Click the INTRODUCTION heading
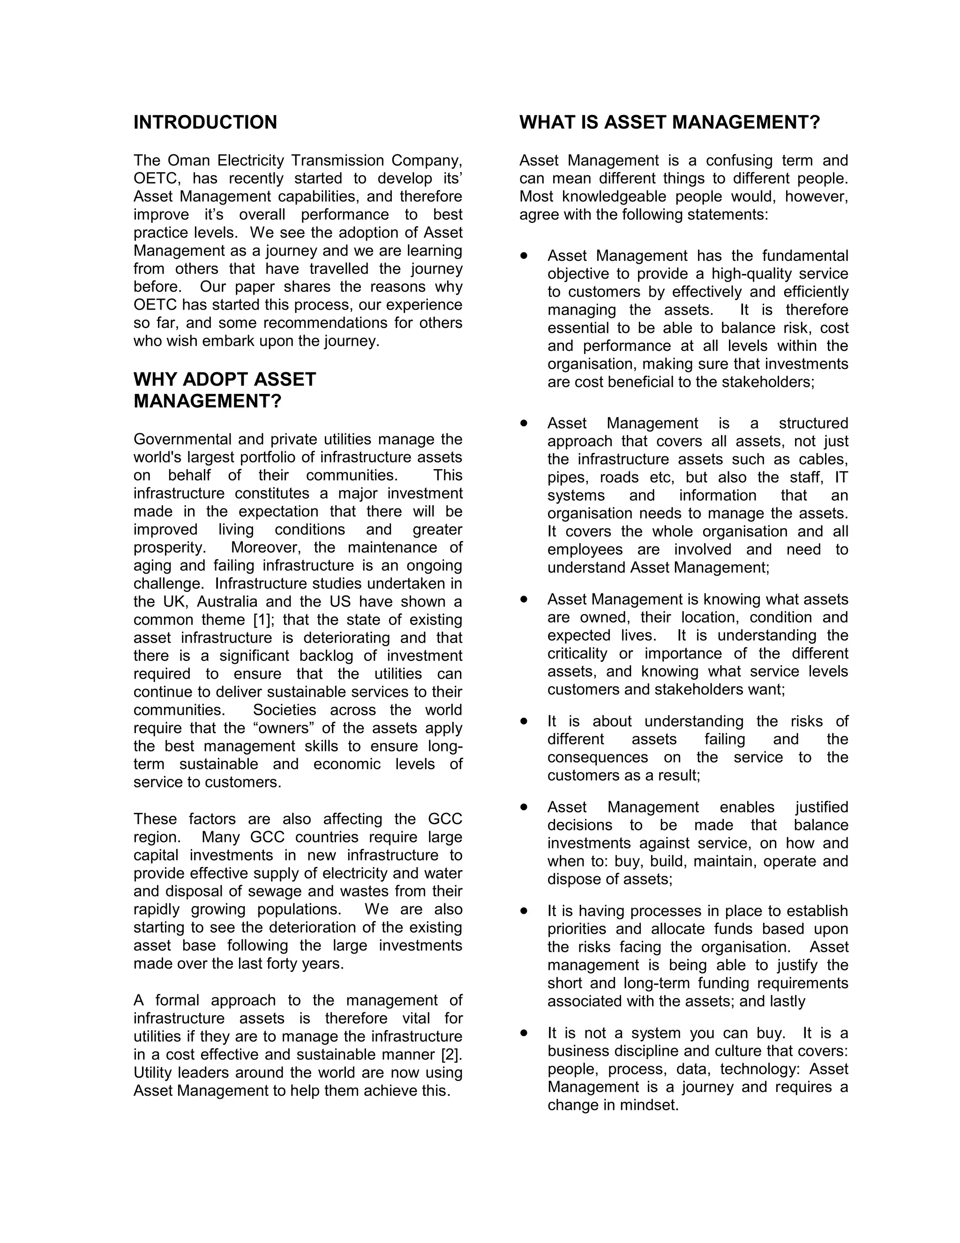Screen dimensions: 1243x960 point(205,122)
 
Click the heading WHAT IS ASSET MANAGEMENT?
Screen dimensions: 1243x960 point(669,122)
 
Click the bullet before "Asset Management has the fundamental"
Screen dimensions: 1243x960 point(524,256)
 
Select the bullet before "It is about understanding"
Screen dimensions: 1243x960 point(524,721)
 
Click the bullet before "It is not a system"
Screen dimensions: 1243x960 point(524,1033)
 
